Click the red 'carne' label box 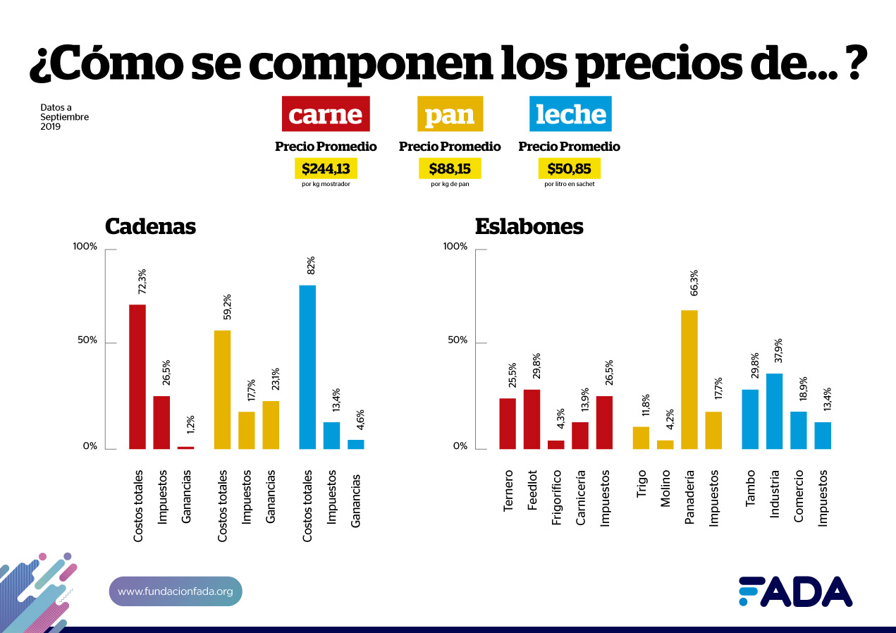pos(326,114)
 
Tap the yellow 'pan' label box pos(450,114)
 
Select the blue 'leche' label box pos(570,114)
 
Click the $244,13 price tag pos(326,169)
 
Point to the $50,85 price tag pos(570,169)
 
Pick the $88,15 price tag pos(450,169)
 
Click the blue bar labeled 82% pos(307,367)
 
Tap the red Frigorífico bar pos(556,445)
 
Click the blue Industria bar pos(774,411)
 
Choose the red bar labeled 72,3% pos(137,376)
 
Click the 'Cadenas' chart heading pos(150,226)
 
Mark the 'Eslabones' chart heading pos(529,226)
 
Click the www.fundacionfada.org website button pos(176,591)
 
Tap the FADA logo pos(795,592)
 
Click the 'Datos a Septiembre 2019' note pos(64,117)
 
